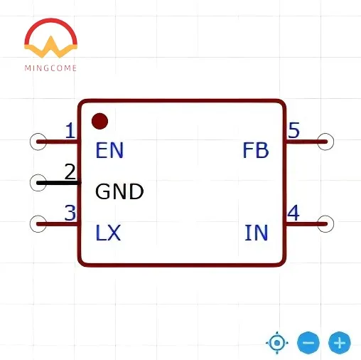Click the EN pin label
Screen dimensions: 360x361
point(109,150)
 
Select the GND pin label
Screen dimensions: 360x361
point(119,191)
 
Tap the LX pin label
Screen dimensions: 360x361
point(108,233)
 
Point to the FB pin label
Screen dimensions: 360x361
point(256,150)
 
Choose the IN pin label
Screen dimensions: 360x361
point(257,233)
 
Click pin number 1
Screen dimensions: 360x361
point(70,131)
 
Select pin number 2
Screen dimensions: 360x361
point(70,171)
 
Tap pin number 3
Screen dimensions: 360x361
point(70,213)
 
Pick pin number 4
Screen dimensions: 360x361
point(293,213)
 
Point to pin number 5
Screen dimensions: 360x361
point(293,131)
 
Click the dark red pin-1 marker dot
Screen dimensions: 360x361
point(100,121)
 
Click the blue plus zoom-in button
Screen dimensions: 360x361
point(340,343)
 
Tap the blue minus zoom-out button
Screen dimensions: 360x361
point(308,343)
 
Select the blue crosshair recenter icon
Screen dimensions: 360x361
point(276,343)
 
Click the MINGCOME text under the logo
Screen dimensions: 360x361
point(50,68)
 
